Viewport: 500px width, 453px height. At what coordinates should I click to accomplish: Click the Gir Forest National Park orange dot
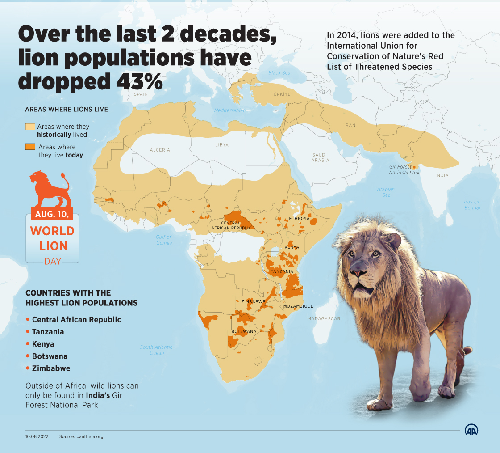414,167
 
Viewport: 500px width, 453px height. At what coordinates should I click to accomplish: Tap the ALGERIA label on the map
160,150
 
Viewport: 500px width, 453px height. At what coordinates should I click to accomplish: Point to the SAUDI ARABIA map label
320,157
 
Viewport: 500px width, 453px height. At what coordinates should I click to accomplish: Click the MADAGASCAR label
324,319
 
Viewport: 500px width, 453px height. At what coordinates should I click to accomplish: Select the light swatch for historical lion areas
30,127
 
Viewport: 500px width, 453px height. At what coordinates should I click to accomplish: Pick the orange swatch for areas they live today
30,147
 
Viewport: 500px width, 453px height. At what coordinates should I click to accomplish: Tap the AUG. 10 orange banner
52,214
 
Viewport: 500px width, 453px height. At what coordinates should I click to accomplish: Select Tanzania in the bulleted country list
48,332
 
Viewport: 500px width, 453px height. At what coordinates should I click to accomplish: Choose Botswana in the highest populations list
50,356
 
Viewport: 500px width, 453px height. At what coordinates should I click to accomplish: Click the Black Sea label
279,73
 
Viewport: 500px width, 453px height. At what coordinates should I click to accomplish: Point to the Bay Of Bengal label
472,205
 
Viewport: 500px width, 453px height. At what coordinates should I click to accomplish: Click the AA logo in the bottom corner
471,430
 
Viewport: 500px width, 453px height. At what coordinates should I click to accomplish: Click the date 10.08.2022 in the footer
37,436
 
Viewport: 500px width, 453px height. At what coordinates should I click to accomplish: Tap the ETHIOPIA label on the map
299,218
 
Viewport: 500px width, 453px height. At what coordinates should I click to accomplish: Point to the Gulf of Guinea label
163,240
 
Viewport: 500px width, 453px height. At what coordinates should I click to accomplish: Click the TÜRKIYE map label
280,94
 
